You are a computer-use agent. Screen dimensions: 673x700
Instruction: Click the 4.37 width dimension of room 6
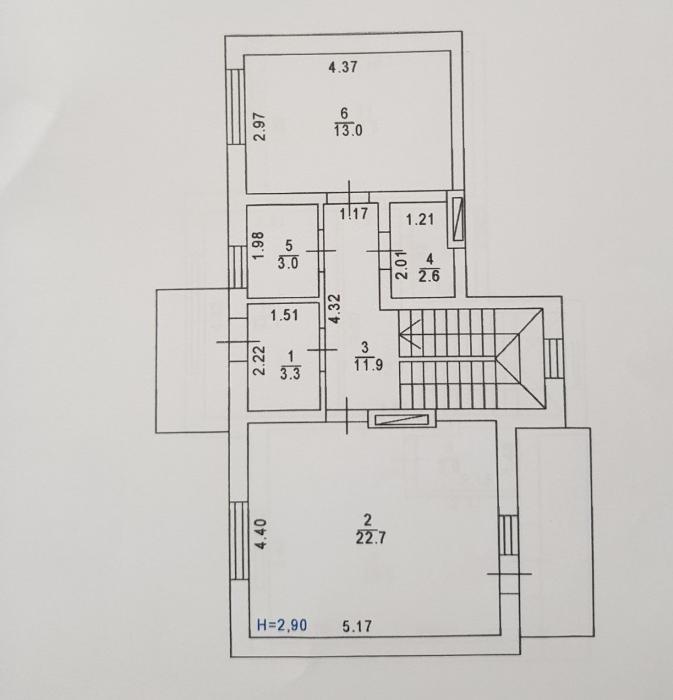[343, 67]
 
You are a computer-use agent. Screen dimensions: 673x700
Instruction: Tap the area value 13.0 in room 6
[348, 131]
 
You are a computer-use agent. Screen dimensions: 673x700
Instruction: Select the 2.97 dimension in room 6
[260, 127]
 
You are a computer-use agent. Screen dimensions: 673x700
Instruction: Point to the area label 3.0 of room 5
[288, 263]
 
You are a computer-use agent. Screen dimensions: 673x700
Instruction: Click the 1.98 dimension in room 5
[259, 246]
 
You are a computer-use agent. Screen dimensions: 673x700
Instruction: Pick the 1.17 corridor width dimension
[354, 214]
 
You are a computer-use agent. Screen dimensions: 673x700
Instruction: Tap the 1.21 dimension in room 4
[420, 219]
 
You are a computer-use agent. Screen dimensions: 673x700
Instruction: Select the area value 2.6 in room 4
[429, 276]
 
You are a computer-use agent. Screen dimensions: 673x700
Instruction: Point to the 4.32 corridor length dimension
[336, 309]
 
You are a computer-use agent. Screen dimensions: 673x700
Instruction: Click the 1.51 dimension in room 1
[285, 315]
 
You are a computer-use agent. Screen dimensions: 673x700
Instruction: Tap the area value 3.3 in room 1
[290, 374]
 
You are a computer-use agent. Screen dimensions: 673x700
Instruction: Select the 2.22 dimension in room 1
[260, 361]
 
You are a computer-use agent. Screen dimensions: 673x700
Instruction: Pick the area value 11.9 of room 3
[368, 365]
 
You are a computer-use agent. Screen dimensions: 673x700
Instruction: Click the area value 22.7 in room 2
[371, 538]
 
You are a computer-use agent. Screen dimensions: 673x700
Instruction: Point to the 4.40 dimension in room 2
[261, 534]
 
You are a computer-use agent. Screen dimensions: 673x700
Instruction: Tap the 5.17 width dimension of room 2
[357, 626]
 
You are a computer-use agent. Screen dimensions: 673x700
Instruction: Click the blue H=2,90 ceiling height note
[282, 625]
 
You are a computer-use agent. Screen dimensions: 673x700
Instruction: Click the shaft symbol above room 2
[402, 419]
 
